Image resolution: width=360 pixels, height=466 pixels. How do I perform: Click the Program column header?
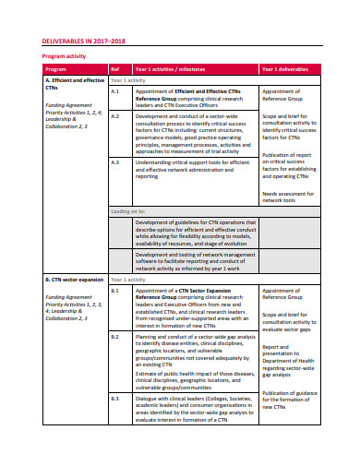(55, 69)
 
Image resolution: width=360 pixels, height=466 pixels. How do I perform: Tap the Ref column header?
(115, 69)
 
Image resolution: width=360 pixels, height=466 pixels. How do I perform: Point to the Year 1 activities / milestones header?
(172, 69)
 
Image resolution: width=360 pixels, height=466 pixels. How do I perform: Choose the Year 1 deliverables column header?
(290, 69)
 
